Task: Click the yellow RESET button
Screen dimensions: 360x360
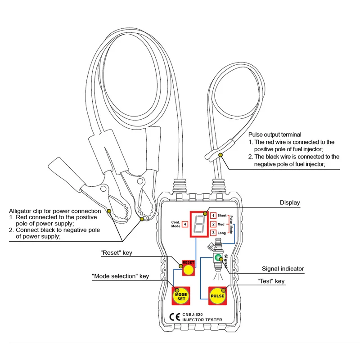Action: [188, 270]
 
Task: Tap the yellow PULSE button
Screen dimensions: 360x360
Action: [217, 296]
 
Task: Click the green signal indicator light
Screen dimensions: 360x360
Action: [218, 258]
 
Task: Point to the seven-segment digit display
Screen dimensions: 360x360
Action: [199, 223]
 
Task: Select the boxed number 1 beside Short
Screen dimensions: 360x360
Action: [213, 216]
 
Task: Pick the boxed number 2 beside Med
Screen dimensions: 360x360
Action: [213, 224]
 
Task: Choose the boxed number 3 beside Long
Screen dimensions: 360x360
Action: [213, 233]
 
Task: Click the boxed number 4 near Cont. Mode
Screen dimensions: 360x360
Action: [185, 224]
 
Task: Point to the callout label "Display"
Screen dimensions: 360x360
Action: [289, 203]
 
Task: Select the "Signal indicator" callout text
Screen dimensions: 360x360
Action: [283, 269]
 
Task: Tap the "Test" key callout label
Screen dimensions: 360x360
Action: [271, 282]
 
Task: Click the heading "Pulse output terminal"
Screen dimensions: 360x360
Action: [274, 135]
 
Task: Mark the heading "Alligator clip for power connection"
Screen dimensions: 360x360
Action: [55, 211]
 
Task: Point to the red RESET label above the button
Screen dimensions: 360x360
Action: [188, 262]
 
